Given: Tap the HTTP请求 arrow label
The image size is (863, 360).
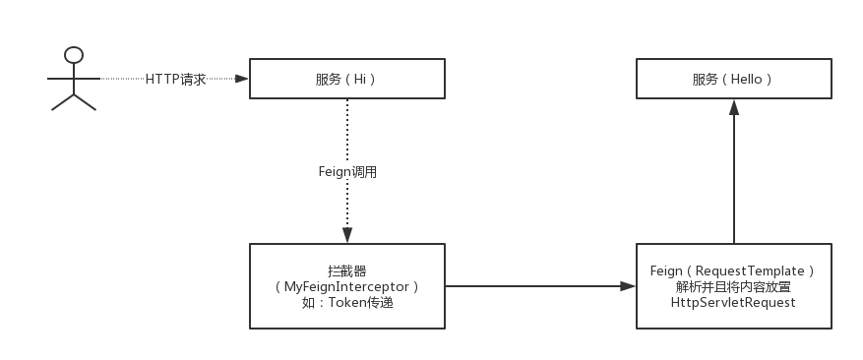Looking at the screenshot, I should [x=176, y=80].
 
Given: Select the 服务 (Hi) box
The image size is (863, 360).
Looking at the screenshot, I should [x=346, y=79].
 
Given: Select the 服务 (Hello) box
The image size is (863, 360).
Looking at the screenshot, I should [x=733, y=79].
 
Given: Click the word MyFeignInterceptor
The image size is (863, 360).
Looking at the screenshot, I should [x=347, y=286].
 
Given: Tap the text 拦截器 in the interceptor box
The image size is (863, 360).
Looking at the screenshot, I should [x=347, y=270].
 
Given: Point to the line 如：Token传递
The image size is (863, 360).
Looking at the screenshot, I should [x=347, y=303].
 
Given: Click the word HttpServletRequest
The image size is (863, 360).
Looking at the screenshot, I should [x=733, y=303].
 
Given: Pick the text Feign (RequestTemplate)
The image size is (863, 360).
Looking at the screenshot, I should [x=733, y=270].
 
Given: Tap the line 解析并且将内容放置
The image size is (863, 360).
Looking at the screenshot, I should [x=733, y=286].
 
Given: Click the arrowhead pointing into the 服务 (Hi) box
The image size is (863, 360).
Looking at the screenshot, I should [x=241, y=79].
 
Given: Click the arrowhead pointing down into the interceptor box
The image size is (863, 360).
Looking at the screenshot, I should [x=346, y=236].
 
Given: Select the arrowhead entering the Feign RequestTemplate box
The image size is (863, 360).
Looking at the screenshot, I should [x=628, y=286].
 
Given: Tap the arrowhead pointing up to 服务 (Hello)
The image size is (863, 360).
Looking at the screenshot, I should [x=733, y=107].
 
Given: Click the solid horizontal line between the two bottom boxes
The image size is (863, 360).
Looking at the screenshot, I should [x=531, y=286].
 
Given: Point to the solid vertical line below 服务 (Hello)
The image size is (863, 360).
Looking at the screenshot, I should [x=733, y=177].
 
